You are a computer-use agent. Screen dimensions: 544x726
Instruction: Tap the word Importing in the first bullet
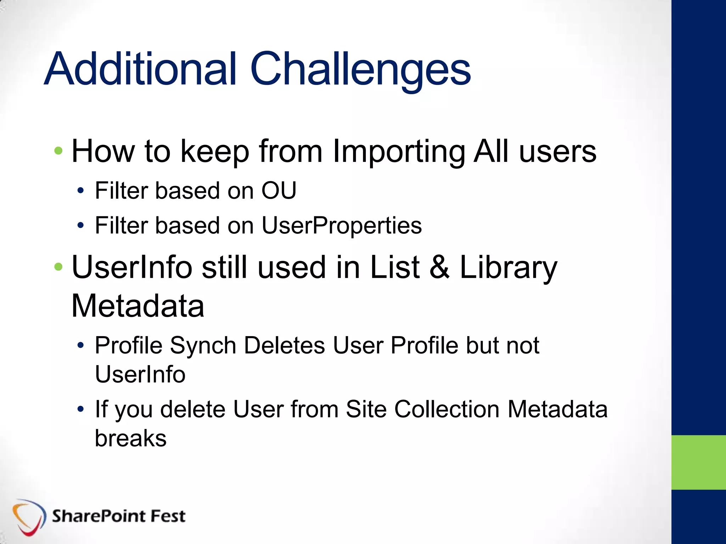tap(398, 152)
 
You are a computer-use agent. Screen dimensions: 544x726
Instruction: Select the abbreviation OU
tap(279, 191)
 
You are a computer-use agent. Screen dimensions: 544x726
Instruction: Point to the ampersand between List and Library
tap(440, 267)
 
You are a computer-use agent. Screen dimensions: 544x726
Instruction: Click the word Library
tap(508, 268)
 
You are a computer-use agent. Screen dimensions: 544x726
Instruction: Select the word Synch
tap(203, 346)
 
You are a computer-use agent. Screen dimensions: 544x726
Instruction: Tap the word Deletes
tap(284, 345)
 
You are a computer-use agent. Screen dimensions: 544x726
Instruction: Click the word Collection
tap(447, 409)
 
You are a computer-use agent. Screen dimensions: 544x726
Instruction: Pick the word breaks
tap(130, 438)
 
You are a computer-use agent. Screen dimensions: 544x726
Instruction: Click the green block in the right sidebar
tap(698, 462)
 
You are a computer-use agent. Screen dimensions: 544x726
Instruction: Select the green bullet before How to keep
tap(58, 151)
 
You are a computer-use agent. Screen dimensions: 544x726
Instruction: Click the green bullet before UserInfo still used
tap(58, 267)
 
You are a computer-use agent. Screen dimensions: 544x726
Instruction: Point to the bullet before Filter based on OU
tap(81, 191)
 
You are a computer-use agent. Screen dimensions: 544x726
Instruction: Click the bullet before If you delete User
tap(81, 409)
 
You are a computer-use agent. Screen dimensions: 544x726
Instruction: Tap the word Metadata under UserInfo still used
tap(138, 306)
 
